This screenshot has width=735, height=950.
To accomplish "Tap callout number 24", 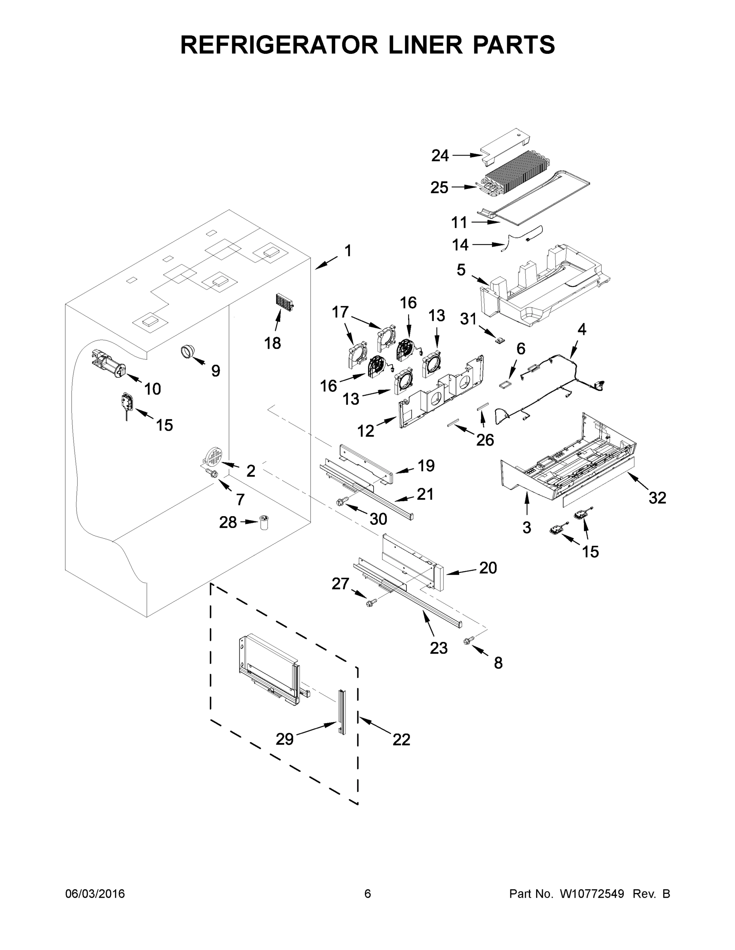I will point(440,155).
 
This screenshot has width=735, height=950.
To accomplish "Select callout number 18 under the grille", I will point(273,343).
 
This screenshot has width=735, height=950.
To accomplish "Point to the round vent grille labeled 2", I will point(214,457).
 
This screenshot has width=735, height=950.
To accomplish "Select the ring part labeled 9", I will point(188,351).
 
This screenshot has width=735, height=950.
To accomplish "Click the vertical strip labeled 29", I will point(342,712).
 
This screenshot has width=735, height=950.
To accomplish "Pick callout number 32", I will point(657,498).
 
